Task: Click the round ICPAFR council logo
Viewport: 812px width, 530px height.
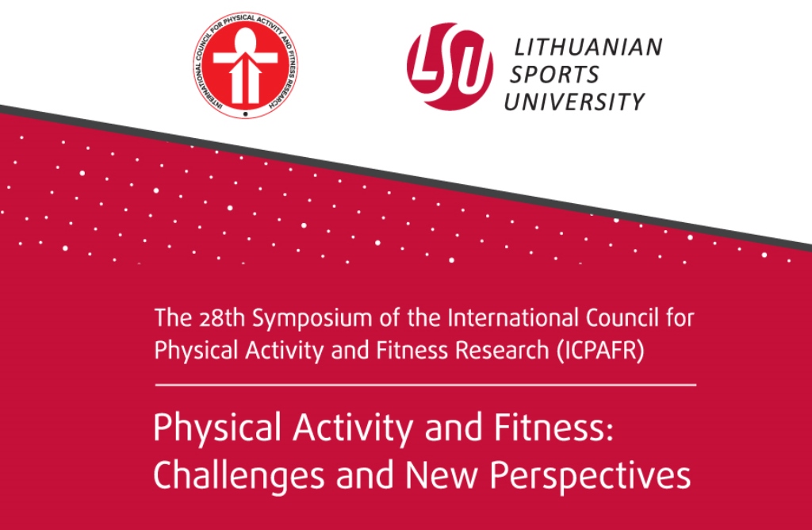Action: pyautogui.click(x=246, y=65)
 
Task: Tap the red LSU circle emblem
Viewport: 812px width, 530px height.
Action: pyautogui.click(x=450, y=66)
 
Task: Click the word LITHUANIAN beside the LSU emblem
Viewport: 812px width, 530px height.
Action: pyautogui.click(x=588, y=47)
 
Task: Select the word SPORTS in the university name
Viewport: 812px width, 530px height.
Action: pyautogui.click(x=554, y=75)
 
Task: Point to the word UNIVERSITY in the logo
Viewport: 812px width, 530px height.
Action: pyautogui.click(x=574, y=102)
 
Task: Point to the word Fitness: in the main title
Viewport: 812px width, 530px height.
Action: pyautogui.click(x=553, y=428)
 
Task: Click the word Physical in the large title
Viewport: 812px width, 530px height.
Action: pyautogui.click(x=219, y=429)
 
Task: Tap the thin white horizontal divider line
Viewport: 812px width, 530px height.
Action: pyautogui.click(x=425, y=385)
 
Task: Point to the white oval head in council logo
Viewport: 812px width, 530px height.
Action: pyautogui.click(x=245, y=40)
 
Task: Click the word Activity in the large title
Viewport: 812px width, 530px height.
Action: pyautogui.click(x=353, y=429)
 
